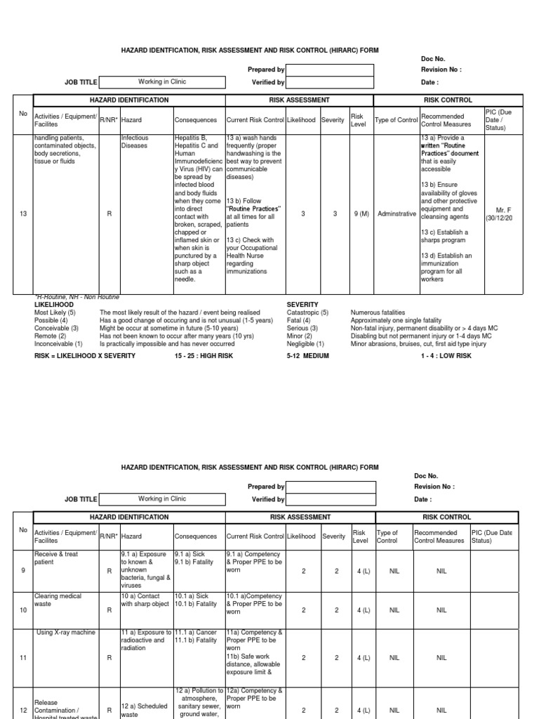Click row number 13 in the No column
pyautogui.click(x=23, y=214)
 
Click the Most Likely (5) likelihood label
pyautogui.click(x=55, y=312)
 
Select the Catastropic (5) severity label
pyautogui.click(x=308, y=312)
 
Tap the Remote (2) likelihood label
pyautogui.click(x=51, y=336)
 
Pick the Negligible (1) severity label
pyautogui.click(x=305, y=344)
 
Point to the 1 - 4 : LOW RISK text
pyautogui.click(x=446, y=356)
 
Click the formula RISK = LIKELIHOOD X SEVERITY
pyautogui.click(x=85, y=356)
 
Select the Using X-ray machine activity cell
pyautogui.click(x=65, y=633)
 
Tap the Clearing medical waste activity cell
pyautogui.click(x=58, y=600)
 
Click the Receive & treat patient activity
pyautogui.click(x=56, y=559)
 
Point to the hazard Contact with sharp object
pyautogui.click(x=145, y=600)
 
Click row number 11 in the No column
pyautogui.click(x=23, y=659)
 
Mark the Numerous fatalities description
pyautogui.click(x=380, y=312)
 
